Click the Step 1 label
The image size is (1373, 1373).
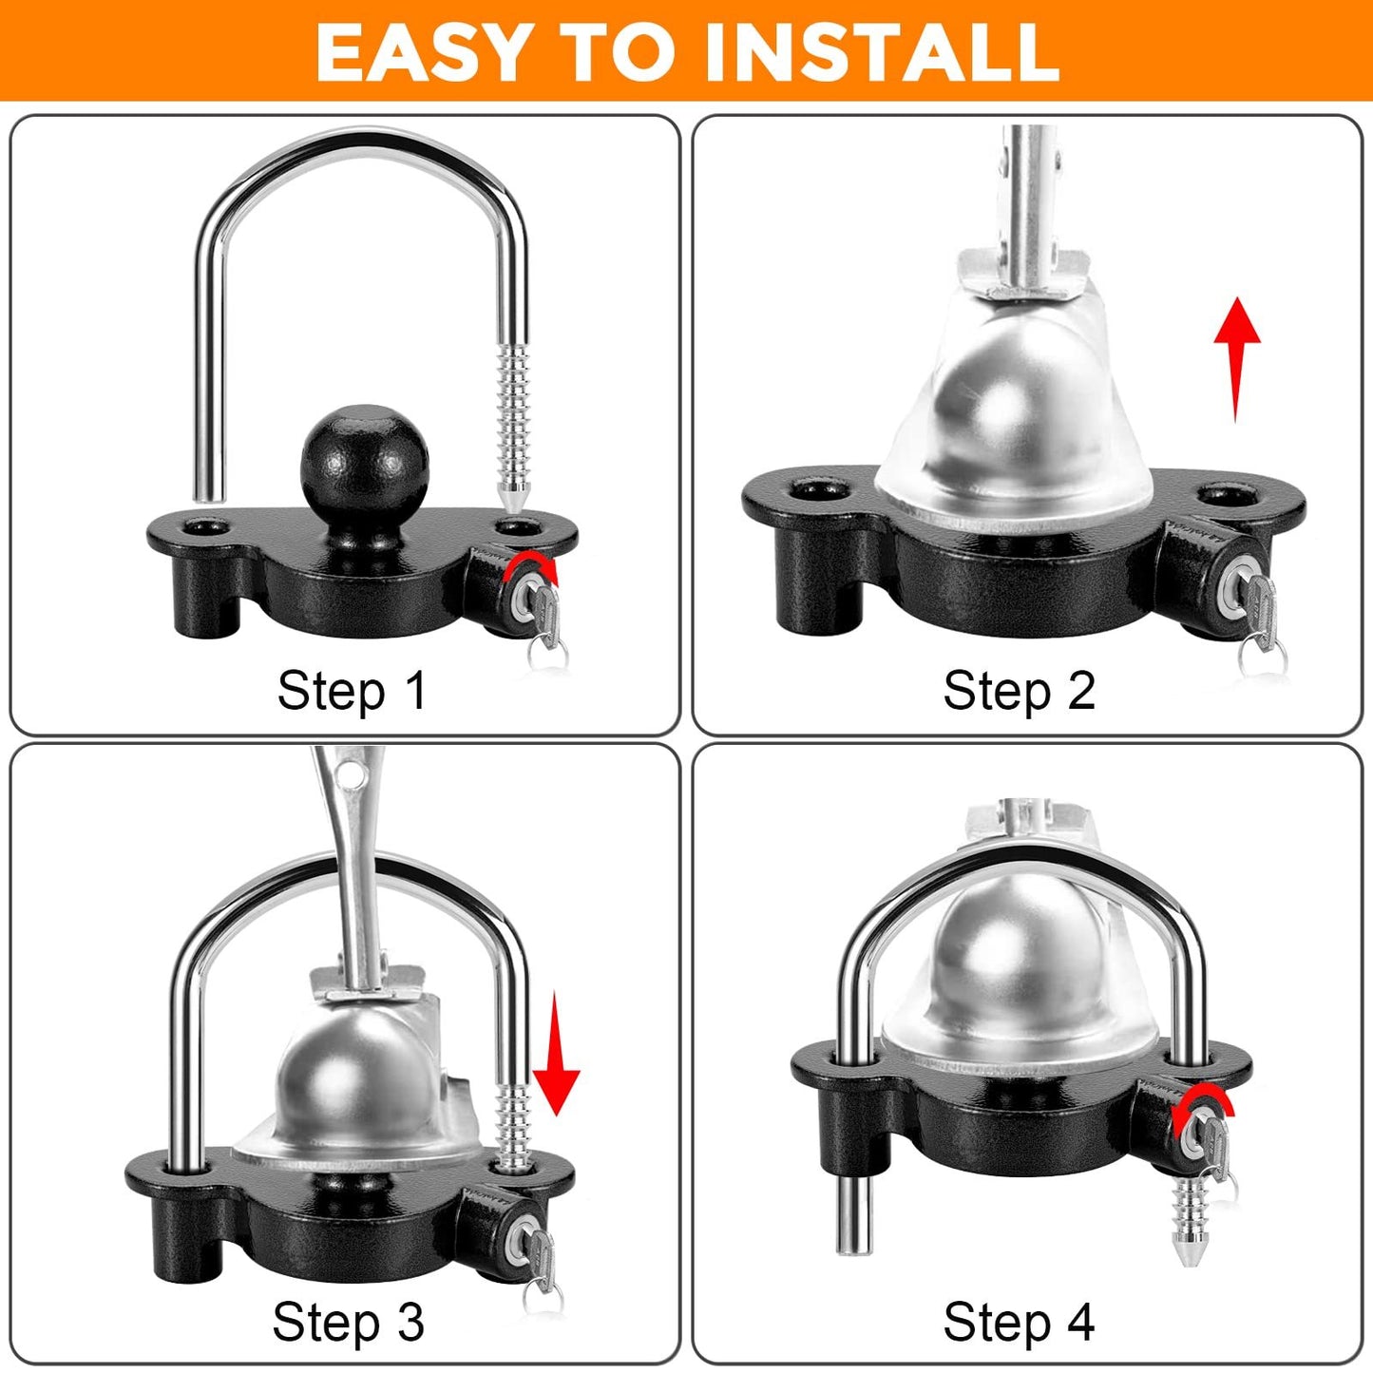352,690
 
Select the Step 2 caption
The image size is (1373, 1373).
1019,690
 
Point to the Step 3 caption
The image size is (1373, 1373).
348,1322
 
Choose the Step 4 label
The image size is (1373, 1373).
1019,1322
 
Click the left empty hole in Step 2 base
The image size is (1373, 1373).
819,490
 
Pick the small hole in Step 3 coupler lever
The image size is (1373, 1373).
355,777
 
